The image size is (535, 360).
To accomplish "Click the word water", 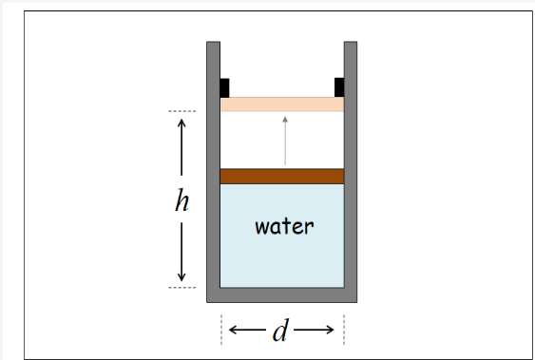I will click(x=284, y=227).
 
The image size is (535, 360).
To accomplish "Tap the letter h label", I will click(x=182, y=200).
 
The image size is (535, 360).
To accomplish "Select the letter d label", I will click(x=280, y=332).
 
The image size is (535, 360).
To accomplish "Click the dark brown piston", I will click(x=281, y=176).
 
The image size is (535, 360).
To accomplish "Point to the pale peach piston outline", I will click(x=281, y=104).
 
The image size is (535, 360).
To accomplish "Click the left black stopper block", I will click(x=225, y=87).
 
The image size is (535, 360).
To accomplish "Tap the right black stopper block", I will click(x=339, y=87).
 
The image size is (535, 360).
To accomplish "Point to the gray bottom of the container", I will click(x=281, y=294).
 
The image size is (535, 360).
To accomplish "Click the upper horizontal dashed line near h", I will click(x=182, y=112).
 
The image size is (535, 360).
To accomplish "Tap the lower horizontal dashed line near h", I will click(x=182, y=287).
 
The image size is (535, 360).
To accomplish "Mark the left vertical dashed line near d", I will click(x=221, y=330).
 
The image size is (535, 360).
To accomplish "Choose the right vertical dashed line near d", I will click(x=344, y=330).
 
